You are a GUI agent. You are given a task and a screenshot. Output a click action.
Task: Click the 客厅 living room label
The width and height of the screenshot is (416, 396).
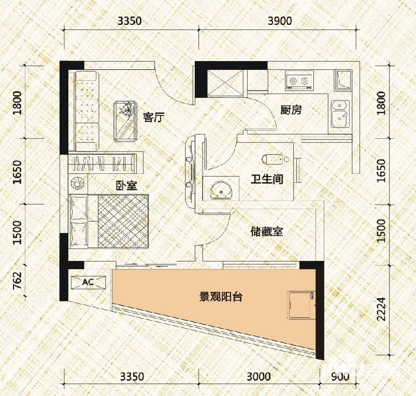pos(153,118)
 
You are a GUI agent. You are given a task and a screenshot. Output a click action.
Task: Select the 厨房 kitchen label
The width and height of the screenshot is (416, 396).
pos(291,110)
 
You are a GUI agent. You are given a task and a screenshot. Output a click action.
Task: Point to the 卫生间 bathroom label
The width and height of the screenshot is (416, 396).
pos(267,180)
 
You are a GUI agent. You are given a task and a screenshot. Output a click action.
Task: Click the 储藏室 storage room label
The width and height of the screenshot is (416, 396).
pos(266,231)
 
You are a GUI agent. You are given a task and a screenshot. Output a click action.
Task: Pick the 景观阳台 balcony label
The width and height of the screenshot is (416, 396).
pos(222,297)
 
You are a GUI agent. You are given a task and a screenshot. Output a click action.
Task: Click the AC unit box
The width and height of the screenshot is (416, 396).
pos(88,282)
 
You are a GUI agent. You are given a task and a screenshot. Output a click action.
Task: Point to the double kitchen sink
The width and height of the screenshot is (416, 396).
pos(340,113)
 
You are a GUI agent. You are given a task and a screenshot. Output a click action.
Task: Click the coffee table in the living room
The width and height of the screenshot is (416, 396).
pos(124,120)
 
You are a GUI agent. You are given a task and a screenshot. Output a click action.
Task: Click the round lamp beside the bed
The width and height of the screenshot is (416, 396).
pos(78,183)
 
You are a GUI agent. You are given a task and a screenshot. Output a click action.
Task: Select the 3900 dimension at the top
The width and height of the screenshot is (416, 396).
pos(279,21)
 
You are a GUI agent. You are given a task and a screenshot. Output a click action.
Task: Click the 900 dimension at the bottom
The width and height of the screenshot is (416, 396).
pos(337,376)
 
